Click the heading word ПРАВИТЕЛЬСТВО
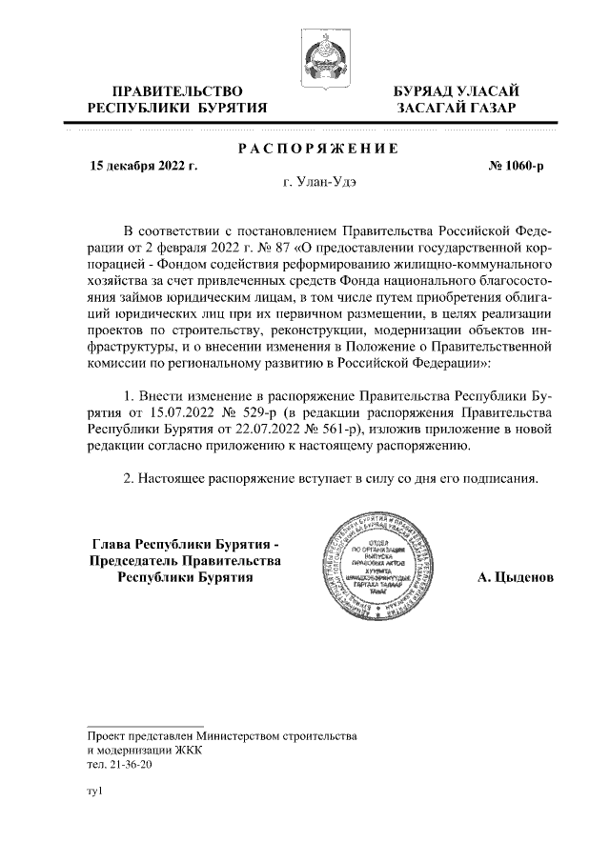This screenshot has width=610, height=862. pos(171,90)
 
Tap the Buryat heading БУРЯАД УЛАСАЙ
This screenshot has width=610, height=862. pos(457,90)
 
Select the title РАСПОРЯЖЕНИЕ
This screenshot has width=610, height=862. pos(316,148)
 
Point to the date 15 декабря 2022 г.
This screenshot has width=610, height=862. pos(143,166)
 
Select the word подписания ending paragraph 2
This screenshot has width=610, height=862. pos(499,477)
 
